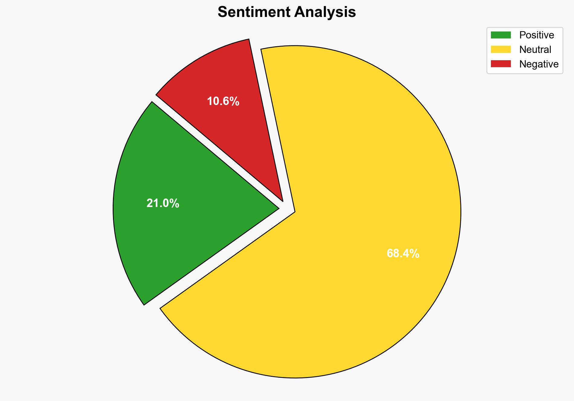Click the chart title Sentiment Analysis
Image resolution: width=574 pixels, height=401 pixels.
pyautogui.click(x=287, y=12)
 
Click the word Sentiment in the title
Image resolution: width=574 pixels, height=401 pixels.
pyautogui.click(x=254, y=12)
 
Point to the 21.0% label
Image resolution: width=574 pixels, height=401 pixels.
pyautogui.click(x=163, y=203)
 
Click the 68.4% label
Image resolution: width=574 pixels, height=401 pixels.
pyautogui.click(x=403, y=253)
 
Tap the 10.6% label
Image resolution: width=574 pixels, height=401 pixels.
pyautogui.click(x=223, y=101)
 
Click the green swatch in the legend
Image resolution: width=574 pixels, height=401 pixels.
pyautogui.click(x=501, y=35)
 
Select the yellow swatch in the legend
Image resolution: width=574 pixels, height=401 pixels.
pyautogui.click(x=501, y=49)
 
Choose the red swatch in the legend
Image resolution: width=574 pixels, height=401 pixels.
pyautogui.click(x=501, y=64)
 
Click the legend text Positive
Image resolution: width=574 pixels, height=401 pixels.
pyautogui.click(x=537, y=35)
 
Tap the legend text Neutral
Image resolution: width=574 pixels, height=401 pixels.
pyautogui.click(x=535, y=49)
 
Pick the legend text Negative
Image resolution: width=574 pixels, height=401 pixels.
pyautogui.click(x=539, y=64)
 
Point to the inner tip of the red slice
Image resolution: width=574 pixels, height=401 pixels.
pyautogui.click(x=282, y=200)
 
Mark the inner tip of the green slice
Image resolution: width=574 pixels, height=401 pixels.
pyautogui.click(x=278, y=208)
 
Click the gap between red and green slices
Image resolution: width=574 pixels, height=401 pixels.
pyautogui.click(x=211, y=148)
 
